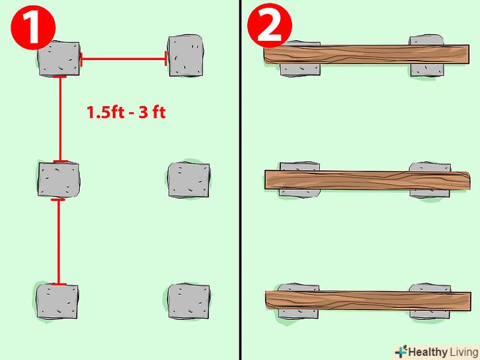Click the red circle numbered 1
(33, 28)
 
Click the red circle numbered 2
(270, 26)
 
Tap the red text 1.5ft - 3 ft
(126, 112)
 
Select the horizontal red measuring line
(123, 59)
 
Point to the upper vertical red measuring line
(60, 119)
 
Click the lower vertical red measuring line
(59, 242)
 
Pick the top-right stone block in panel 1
(186, 55)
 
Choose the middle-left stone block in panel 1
(58, 179)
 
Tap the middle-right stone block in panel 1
(189, 180)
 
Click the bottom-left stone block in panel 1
(57, 301)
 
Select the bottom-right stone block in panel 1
(189, 301)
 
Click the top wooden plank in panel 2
(367, 55)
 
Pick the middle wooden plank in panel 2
(367, 180)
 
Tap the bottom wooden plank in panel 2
(368, 300)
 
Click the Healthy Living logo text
(442, 352)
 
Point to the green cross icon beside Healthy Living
(401, 351)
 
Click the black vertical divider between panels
(240, 180)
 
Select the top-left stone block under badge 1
(59, 59)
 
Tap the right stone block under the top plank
(426, 56)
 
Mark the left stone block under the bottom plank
(299, 301)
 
